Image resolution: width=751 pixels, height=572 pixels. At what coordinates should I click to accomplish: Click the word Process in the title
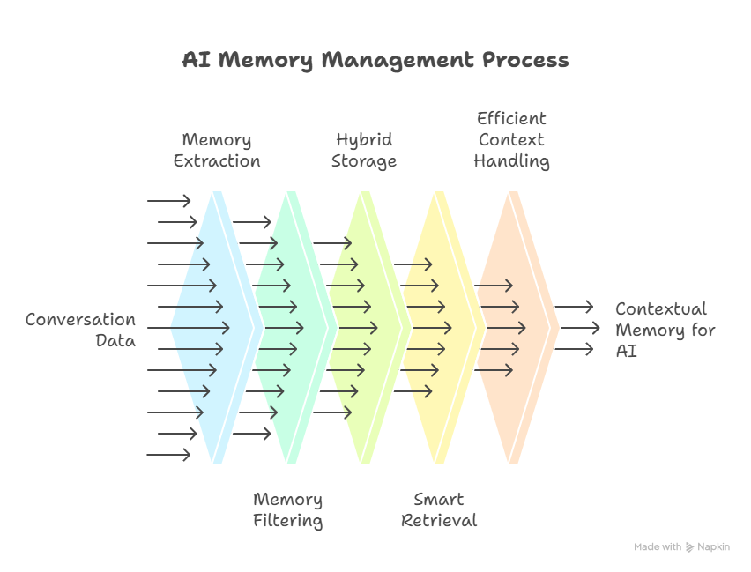coord(525,60)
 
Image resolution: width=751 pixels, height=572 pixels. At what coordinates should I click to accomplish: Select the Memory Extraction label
coord(217,151)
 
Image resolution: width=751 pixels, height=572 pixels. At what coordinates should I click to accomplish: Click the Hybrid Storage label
coord(364,151)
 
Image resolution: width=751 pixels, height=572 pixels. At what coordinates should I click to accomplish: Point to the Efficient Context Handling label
coord(511,139)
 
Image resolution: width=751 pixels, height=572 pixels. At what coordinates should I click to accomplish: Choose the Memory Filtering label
coord(287,510)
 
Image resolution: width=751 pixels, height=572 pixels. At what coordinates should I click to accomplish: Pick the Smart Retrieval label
coord(438,510)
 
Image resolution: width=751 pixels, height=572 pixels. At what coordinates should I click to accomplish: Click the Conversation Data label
coord(81,330)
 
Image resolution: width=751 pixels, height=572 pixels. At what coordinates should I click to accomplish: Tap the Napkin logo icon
coord(689,547)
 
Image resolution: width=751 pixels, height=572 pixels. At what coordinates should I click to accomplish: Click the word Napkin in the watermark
coord(714,547)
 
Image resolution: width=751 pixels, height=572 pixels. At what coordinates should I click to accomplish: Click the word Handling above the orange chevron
coord(511,161)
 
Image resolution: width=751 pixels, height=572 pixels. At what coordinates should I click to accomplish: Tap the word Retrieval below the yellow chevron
coord(438,521)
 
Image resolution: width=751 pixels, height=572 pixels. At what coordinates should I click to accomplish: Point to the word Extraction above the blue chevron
coord(217,161)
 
